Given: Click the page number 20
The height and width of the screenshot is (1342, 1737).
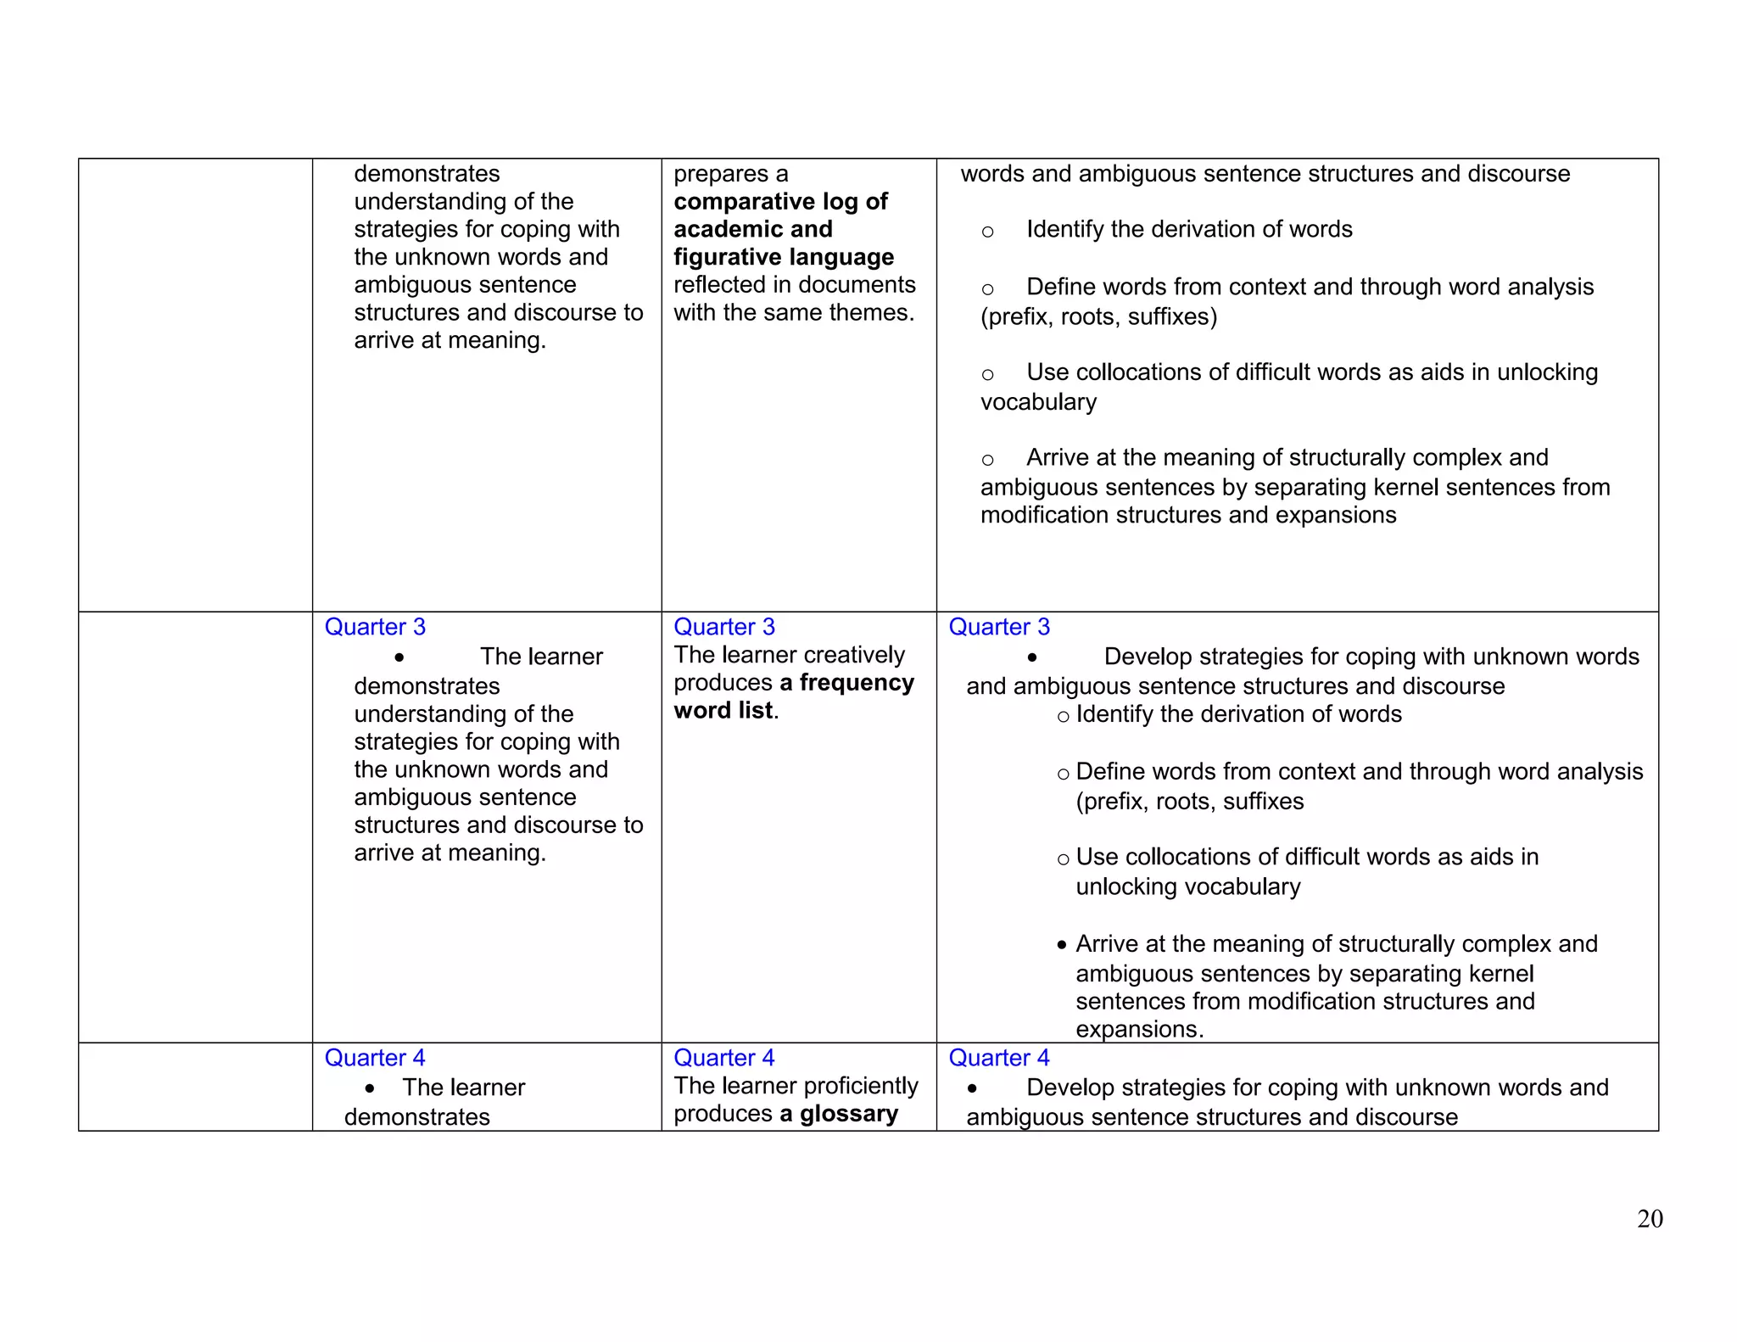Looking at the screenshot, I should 1649,1219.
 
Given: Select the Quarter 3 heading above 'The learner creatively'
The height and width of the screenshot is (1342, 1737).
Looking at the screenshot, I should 723,627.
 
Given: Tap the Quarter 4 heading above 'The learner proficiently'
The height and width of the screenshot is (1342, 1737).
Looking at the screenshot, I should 723,1058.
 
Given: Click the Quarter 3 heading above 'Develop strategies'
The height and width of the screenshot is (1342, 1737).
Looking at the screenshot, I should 998,627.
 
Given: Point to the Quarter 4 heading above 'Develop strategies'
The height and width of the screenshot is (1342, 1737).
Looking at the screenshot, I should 998,1058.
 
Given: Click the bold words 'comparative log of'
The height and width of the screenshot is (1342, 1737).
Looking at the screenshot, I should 780,202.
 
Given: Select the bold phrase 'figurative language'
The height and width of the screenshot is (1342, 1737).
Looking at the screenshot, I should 783,257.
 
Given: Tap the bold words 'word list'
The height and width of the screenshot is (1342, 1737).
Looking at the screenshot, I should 723,711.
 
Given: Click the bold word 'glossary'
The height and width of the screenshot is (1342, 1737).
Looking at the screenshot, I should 848,1114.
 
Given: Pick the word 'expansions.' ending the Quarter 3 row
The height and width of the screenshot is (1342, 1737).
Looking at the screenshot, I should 1139,1029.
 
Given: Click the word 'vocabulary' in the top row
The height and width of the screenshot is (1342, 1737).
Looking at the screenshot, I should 1038,402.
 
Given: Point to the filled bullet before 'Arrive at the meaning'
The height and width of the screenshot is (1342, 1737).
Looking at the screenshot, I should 1062,945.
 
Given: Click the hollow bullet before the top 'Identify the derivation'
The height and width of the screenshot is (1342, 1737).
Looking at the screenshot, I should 987,232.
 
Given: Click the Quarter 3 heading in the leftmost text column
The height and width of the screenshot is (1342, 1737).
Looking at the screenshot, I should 375,627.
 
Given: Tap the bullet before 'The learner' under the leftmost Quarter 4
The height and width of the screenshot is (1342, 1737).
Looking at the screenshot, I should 370,1088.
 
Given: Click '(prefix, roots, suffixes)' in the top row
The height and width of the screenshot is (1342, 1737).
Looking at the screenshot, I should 1098,317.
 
